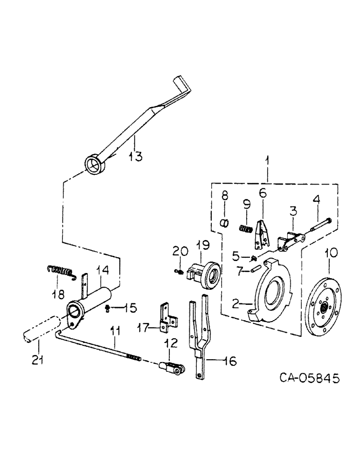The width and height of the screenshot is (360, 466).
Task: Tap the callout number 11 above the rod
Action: pos(115,332)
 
